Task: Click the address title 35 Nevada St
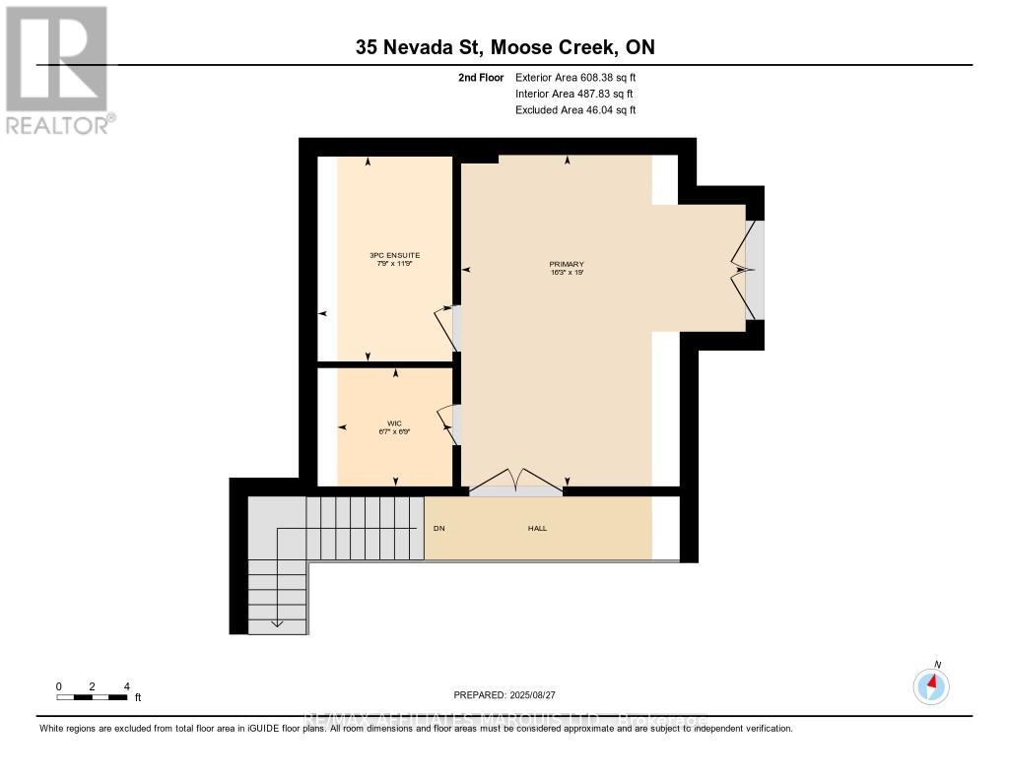tap(504, 47)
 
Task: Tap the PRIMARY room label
tap(567, 264)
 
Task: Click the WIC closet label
tap(394, 423)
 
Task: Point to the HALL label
tap(537, 529)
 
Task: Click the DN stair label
tap(438, 529)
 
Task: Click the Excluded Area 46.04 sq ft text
tap(575, 110)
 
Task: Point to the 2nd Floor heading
tap(481, 77)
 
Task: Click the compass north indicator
tap(931, 683)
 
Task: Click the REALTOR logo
tap(57, 69)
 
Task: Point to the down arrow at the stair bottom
tap(277, 622)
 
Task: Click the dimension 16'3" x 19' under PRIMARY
tap(567, 274)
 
